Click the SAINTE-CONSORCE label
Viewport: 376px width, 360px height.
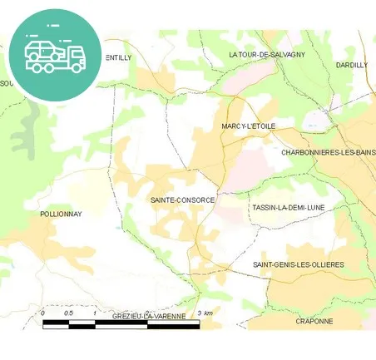coord(182,200)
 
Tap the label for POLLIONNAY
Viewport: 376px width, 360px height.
coord(61,214)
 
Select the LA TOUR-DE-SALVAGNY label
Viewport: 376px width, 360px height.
coord(266,54)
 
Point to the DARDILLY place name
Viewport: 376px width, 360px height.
coord(351,64)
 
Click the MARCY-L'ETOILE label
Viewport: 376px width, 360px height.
coord(248,126)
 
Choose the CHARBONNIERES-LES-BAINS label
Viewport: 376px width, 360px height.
coord(328,152)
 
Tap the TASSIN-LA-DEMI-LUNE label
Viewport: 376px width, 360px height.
coord(288,207)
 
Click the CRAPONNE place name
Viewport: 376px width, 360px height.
coord(314,321)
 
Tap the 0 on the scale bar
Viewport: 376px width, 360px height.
coord(42,313)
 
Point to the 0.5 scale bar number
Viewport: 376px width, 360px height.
coord(68,313)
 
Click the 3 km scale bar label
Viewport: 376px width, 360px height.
coord(205,313)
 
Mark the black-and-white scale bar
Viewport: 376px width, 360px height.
coord(121,325)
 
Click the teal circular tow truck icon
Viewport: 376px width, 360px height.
coord(55,54)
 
